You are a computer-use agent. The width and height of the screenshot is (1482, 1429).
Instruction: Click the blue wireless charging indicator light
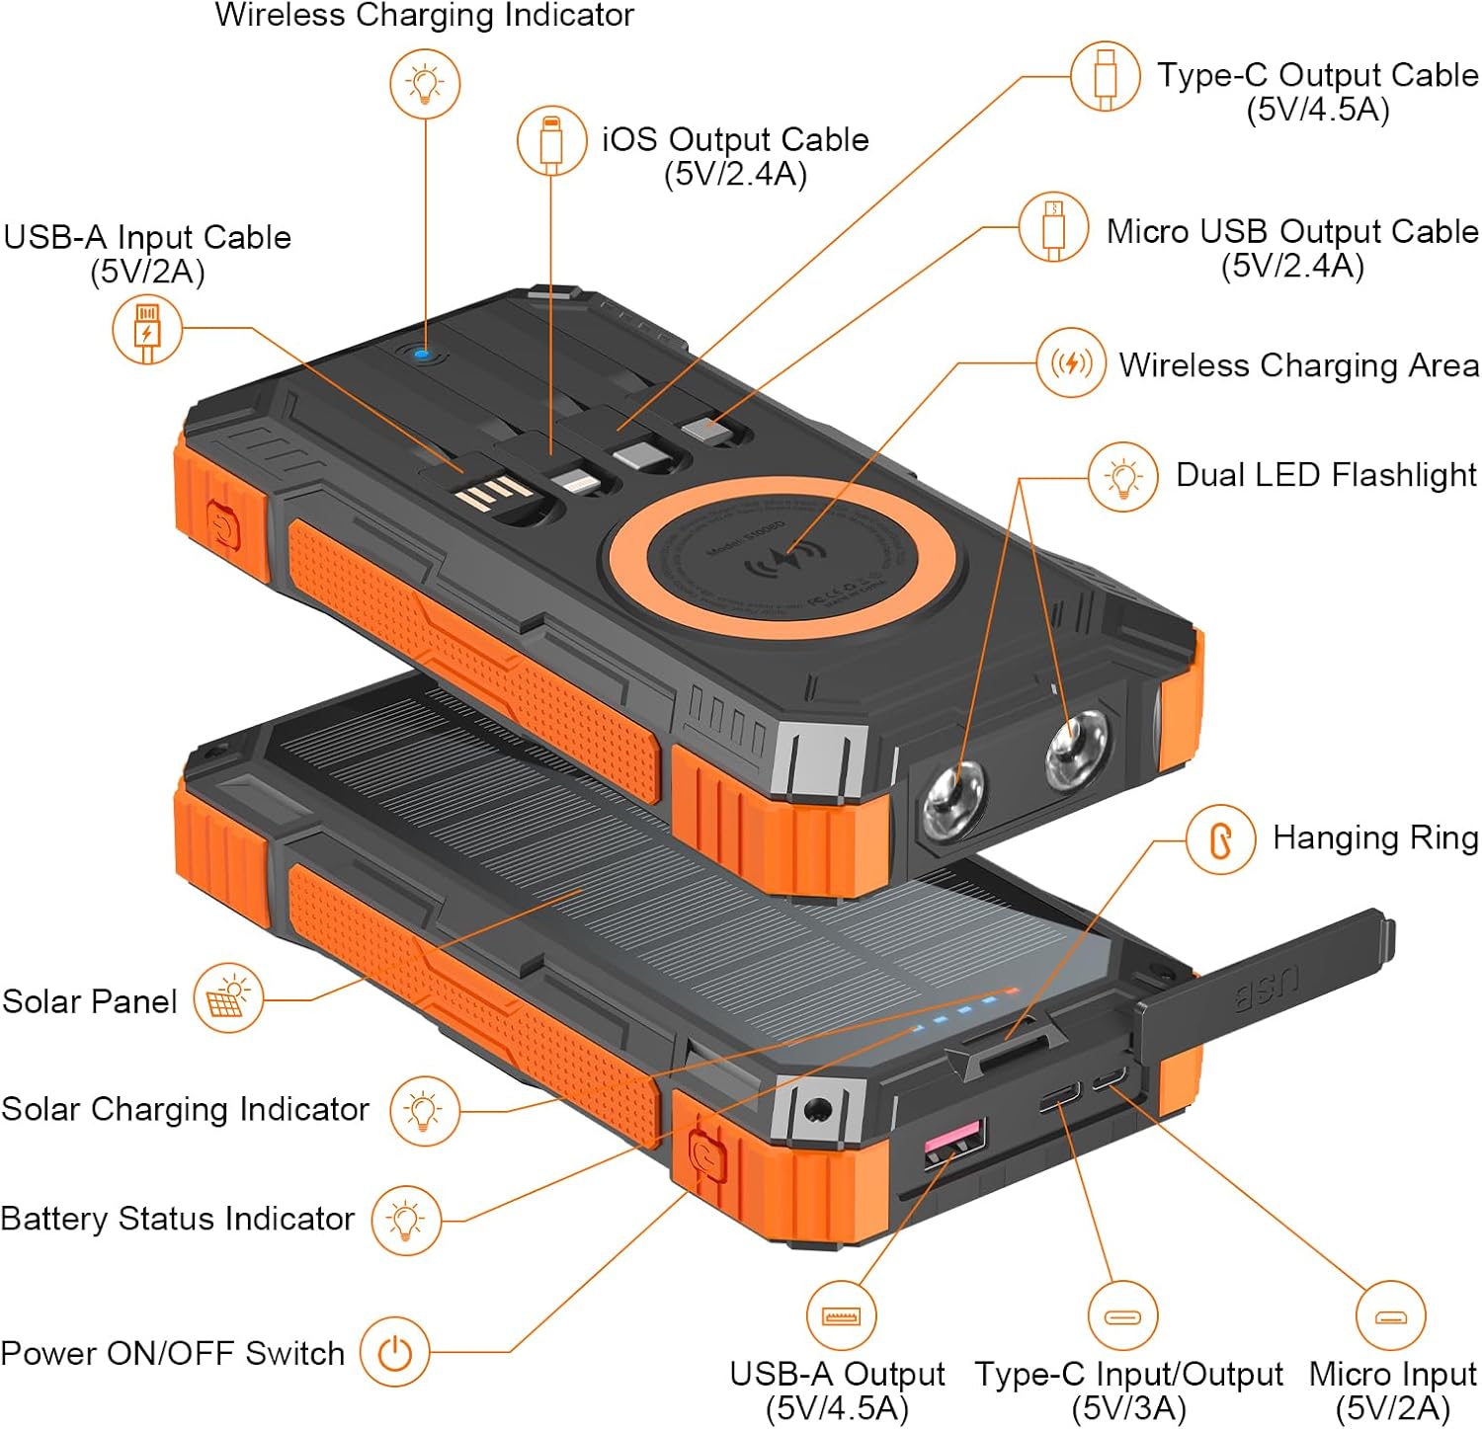pyautogui.click(x=422, y=353)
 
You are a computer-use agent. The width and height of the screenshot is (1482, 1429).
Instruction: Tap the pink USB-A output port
pyautogui.click(x=954, y=1143)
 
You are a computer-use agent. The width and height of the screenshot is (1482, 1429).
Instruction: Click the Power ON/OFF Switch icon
pyautogui.click(x=394, y=1353)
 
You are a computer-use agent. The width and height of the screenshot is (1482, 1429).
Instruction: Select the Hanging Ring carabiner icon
pyautogui.click(x=1221, y=839)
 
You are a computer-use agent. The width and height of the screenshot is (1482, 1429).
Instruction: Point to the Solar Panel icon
pyautogui.click(x=228, y=998)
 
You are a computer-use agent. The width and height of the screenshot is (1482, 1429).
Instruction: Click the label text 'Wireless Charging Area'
pyautogui.click(x=1298, y=365)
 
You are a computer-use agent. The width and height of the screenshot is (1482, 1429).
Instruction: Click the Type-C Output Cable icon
pyautogui.click(x=1105, y=76)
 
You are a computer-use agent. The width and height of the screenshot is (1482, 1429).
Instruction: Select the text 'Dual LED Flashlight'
pyautogui.click(x=1326, y=475)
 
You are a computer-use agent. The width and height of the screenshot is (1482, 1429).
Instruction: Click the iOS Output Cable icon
pyautogui.click(x=551, y=141)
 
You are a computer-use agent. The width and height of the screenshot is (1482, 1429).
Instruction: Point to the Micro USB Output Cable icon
pyautogui.click(x=1053, y=227)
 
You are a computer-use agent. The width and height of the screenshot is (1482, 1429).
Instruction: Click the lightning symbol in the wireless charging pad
pyautogui.click(x=785, y=561)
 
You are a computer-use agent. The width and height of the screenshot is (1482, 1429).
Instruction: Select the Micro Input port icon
pyautogui.click(x=1391, y=1315)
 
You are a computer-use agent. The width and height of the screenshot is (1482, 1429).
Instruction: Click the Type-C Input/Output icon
pyautogui.click(x=1122, y=1315)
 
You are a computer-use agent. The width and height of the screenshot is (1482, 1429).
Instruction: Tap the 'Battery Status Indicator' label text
pyautogui.click(x=178, y=1219)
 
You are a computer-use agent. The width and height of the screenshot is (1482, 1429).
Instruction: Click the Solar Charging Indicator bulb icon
pyautogui.click(x=424, y=1110)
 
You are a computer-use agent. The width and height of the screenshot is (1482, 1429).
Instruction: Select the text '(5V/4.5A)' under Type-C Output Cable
pyautogui.click(x=1318, y=110)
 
